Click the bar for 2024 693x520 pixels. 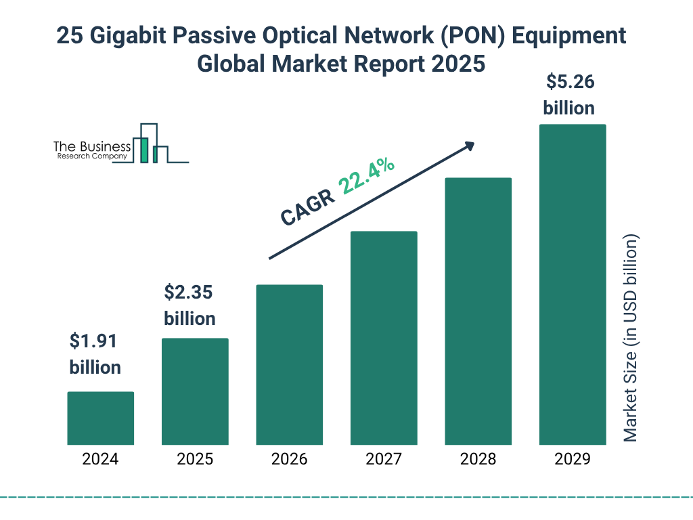click(100, 418)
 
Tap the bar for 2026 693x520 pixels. click(289, 365)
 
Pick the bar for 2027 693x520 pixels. click(384, 338)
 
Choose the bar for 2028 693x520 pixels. click(478, 311)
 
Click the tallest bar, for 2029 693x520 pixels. click(573, 284)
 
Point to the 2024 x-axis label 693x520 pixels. click(100, 459)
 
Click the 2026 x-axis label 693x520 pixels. click(289, 459)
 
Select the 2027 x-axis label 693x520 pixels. click(384, 459)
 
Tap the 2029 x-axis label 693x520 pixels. click(573, 459)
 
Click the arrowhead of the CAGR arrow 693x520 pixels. click(469, 146)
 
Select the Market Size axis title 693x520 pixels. click(631, 339)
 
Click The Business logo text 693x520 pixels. click(92, 147)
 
